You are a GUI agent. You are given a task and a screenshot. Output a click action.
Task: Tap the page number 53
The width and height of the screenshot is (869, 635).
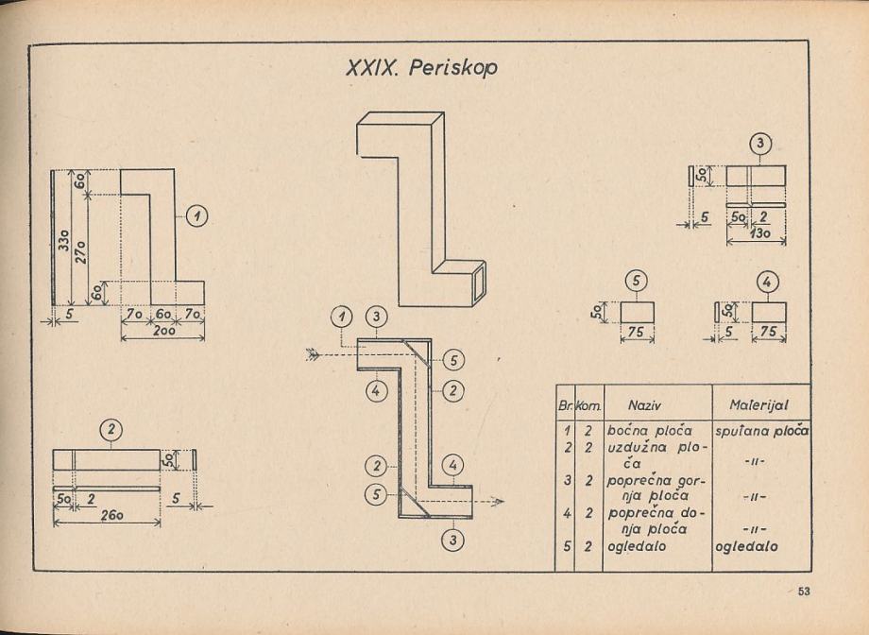coord(804,592)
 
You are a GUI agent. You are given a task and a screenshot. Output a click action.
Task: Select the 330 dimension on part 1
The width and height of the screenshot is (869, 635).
coord(60,236)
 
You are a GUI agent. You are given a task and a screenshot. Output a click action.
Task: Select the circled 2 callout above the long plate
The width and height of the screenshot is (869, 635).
coord(112,430)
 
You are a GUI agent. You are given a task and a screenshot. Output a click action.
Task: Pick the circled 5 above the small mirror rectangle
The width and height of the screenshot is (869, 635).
coord(637,282)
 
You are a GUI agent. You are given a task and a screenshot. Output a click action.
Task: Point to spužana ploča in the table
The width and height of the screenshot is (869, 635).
coord(762,429)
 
